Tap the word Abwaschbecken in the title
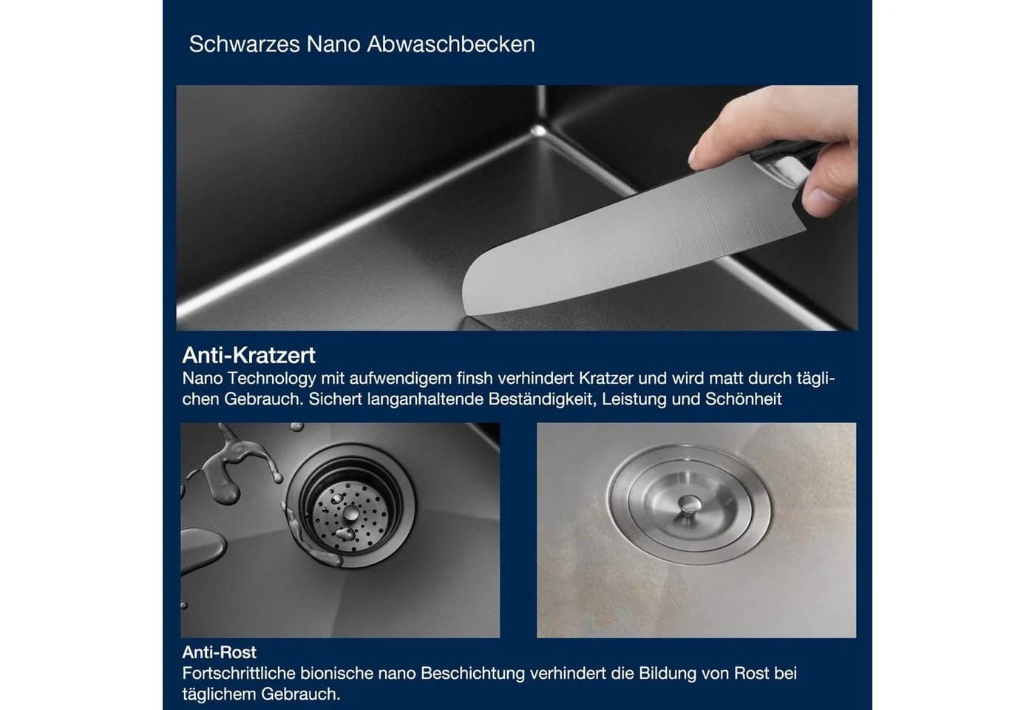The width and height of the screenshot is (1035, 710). tap(451, 44)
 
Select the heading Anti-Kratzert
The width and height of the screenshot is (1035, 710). tap(248, 355)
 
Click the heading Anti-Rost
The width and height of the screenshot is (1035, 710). tap(219, 652)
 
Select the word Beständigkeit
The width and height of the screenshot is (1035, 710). tap(540, 399)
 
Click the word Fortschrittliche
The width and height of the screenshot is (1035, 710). tap(238, 673)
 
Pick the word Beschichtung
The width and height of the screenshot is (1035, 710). tap(472, 674)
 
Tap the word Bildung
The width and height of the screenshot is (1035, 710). tap(667, 674)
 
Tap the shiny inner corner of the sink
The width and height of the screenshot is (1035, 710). tap(538, 130)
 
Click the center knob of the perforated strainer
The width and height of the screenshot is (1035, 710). tap(350, 512)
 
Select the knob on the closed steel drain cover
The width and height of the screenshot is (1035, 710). tap(689, 504)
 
